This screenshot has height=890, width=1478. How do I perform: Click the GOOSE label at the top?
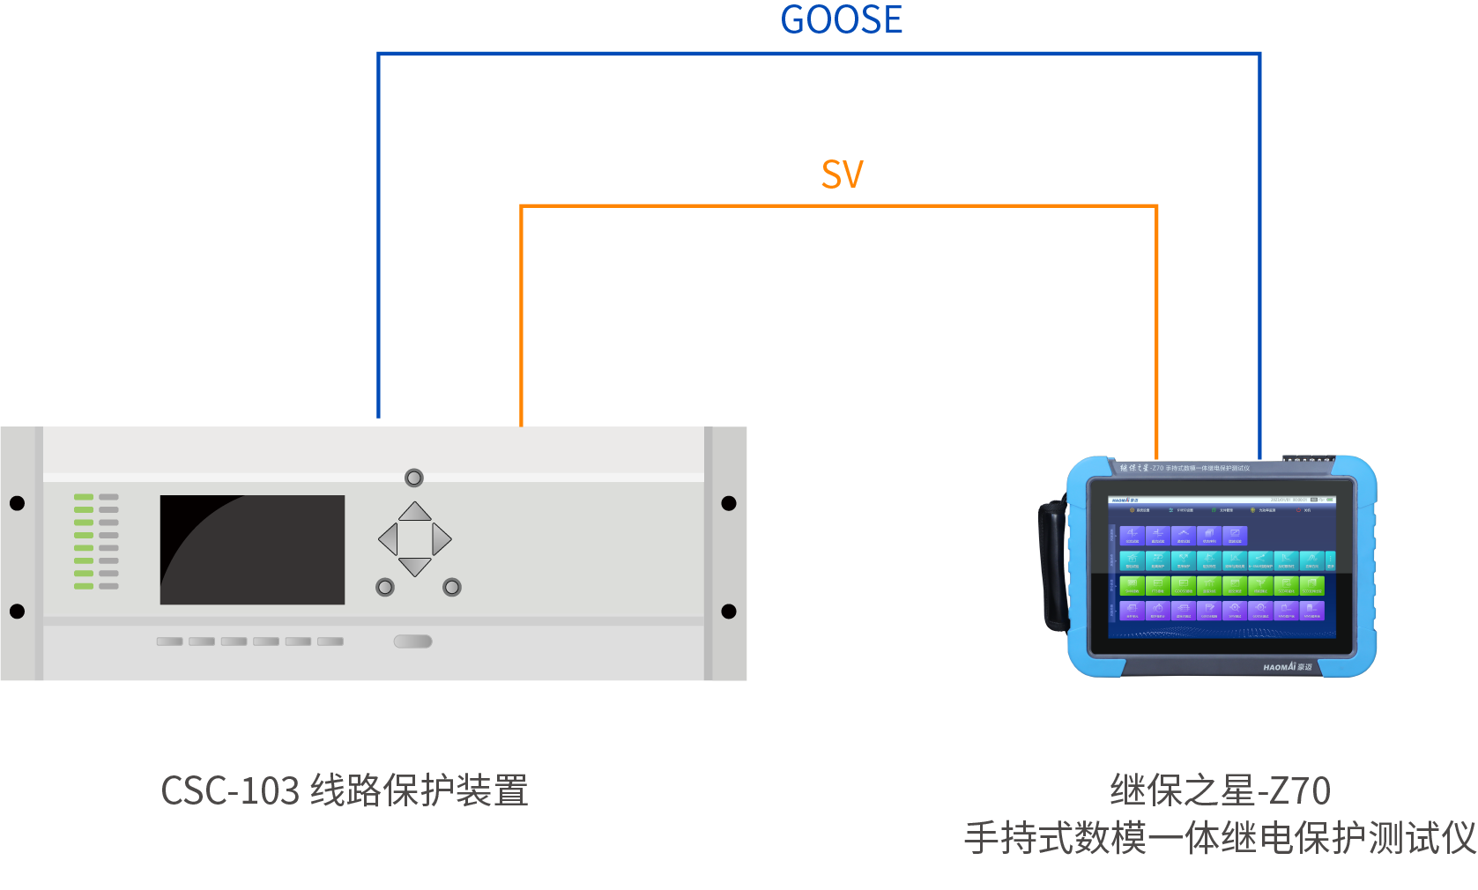841,20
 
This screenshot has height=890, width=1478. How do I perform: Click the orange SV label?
842,174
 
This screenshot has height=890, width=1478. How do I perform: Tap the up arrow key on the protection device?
415,512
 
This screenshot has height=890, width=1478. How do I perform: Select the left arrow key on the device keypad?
388,538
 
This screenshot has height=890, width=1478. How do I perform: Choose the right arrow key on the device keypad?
442,538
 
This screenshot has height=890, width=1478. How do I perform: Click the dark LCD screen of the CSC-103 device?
252,550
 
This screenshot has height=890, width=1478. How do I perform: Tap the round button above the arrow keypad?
414,478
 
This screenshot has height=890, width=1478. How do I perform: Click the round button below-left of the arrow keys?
385,587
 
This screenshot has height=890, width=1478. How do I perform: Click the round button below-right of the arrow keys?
452,587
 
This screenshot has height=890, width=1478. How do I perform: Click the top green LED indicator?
84,497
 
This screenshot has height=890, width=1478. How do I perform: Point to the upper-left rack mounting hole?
17,503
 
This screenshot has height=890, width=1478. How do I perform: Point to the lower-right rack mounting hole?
729,612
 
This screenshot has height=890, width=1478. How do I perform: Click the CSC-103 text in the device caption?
230,790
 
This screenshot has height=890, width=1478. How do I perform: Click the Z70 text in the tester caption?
1302,790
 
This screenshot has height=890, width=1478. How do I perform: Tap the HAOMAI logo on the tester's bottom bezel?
1287,667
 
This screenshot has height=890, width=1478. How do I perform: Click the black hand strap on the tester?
1052,564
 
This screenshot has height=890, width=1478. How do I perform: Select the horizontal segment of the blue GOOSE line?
820,54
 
